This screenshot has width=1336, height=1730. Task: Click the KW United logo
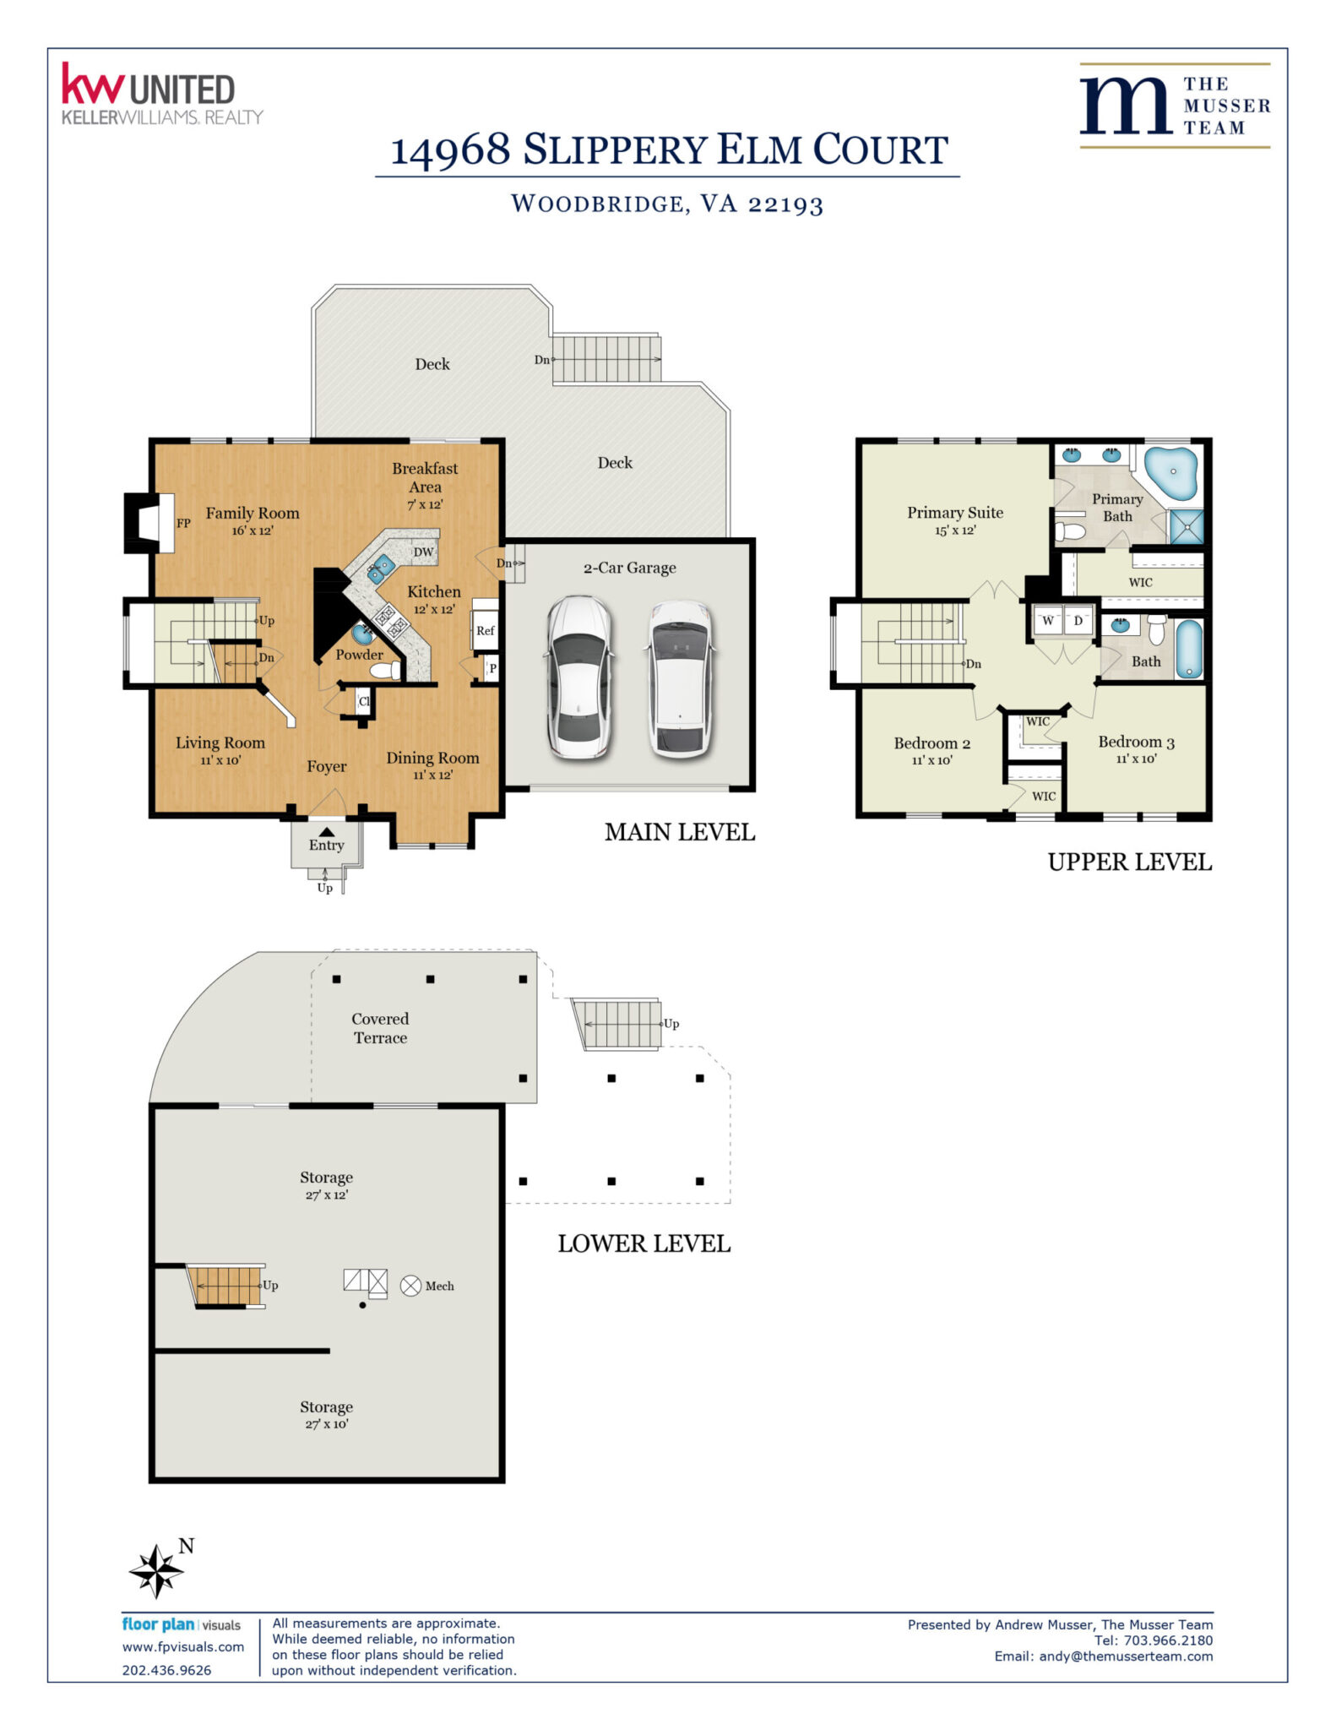pos(162,94)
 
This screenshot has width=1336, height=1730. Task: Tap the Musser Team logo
pos(1175,106)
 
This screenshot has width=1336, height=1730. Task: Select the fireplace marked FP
pos(149,523)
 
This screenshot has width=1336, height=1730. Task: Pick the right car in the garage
pos(680,679)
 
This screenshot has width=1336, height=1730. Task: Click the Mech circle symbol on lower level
pos(410,1286)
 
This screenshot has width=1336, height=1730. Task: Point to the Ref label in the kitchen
pos(485,630)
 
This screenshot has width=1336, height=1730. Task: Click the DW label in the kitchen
pos(423,552)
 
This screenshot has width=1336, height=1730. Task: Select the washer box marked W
pos(1048,621)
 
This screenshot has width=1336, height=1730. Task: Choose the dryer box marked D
pos(1078,621)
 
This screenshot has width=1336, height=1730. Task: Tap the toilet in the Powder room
pos(385,671)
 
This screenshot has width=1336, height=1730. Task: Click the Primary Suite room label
pos(955,512)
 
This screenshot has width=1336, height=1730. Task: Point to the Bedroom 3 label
pos(1136,742)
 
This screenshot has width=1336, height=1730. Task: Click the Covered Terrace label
pos(380,1028)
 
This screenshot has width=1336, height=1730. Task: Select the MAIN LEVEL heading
pos(680,832)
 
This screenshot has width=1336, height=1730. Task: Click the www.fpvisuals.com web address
pos(183,1646)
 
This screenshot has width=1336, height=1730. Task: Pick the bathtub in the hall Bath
pos(1189,649)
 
